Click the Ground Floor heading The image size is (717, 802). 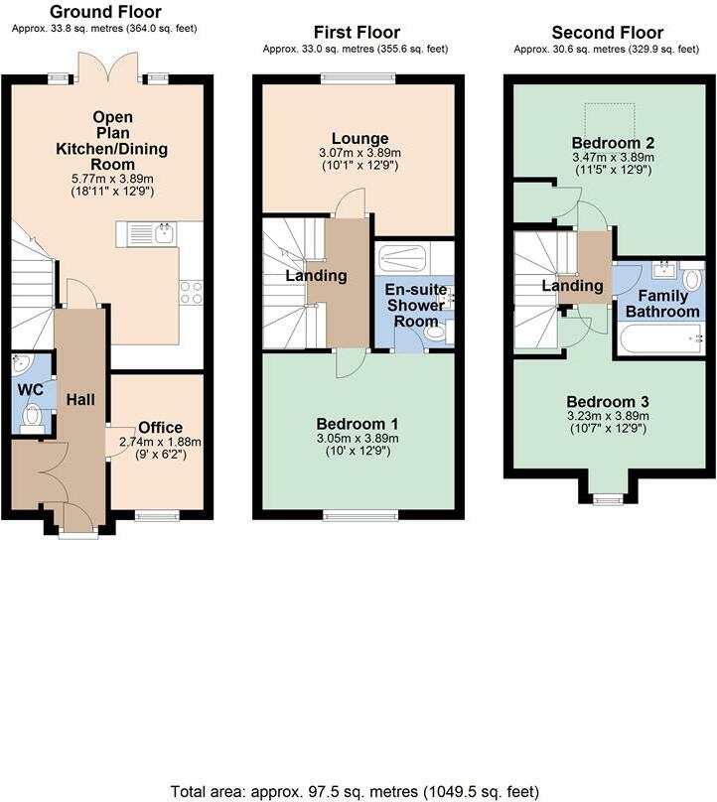[105, 11]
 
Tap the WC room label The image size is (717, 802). [30, 390]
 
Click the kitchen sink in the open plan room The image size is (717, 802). [146, 233]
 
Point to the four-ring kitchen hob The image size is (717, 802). [192, 293]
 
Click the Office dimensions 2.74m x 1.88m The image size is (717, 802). [160, 442]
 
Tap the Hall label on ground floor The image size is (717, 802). [80, 399]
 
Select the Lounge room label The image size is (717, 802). [359, 138]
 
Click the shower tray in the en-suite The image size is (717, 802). [402, 258]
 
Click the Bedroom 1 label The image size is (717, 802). [358, 424]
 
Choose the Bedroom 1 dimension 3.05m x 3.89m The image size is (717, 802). [358, 439]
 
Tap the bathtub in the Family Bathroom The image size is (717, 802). [660, 338]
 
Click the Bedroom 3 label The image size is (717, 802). [608, 402]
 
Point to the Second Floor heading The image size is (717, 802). [608, 32]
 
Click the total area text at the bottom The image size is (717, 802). [355, 791]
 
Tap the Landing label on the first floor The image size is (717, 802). [316, 276]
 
